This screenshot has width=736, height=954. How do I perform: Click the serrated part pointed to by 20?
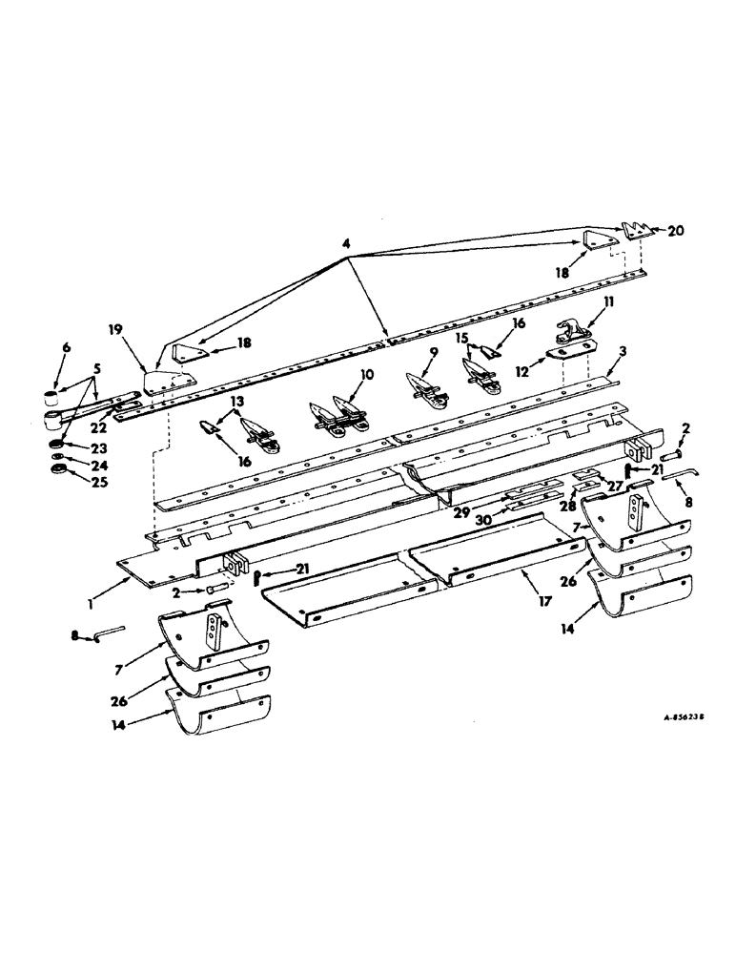[x=637, y=231]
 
